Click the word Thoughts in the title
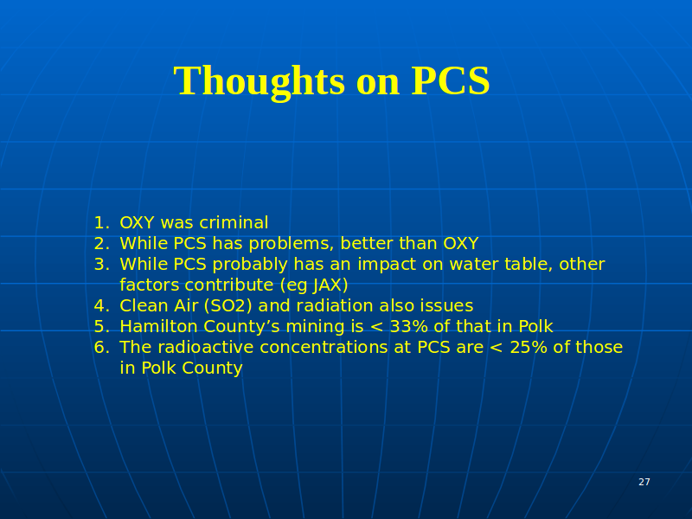(259, 81)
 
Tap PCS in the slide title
(451, 80)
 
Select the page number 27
(644, 482)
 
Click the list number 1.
(101, 223)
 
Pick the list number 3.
(101, 265)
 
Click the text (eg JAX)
(314, 285)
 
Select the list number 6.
(101, 348)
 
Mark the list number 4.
(101, 306)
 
